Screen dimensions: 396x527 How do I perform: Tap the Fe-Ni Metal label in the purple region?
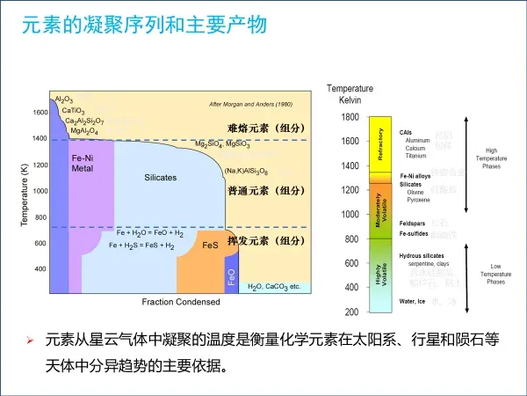(83, 162)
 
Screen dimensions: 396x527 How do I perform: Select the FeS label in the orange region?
(210, 246)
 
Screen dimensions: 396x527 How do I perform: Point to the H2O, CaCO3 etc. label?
(274, 287)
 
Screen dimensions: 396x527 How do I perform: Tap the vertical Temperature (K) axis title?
(25, 195)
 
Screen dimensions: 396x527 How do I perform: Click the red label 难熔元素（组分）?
(265, 128)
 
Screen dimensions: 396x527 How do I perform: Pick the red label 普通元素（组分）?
(265, 191)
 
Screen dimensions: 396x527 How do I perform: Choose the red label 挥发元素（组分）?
(265, 240)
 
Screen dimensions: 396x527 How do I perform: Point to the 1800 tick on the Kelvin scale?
(350, 117)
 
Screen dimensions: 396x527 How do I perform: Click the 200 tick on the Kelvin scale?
(351, 312)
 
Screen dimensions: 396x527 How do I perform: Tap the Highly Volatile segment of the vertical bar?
(380, 275)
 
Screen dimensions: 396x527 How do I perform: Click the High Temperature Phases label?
(492, 158)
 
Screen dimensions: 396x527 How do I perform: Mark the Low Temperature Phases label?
(496, 275)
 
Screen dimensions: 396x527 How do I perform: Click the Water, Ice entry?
(412, 302)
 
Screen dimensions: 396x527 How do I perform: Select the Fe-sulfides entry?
(415, 234)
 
